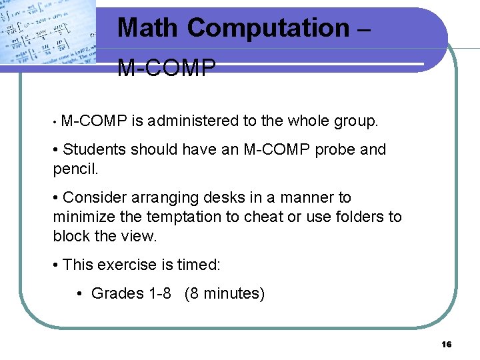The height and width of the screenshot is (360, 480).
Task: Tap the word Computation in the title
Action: pyautogui.click(x=268, y=28)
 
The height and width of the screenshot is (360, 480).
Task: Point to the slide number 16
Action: pyautogui.click(x=447, y=344)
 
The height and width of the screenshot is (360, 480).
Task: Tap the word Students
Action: pyautogui.click(x=94, y=149)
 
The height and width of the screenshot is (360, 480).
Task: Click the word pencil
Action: pyautogui.click(x=75, y=169)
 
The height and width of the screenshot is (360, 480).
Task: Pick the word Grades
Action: pyautogui.click(x=117, y=293)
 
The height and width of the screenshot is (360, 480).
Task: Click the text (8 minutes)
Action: pyautogui.click(x=225, y=293)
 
